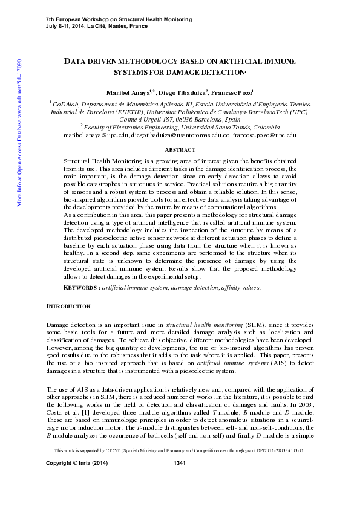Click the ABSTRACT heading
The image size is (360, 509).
click(180, 149)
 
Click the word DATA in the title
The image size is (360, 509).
click(74, 62)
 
